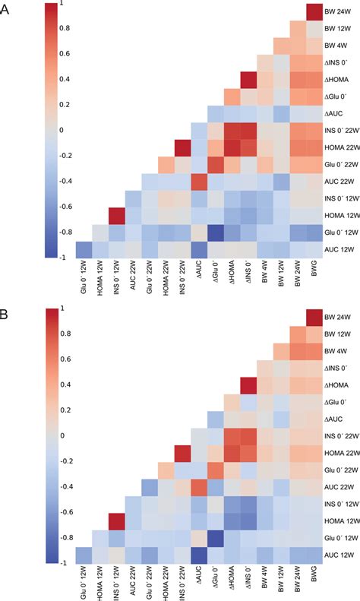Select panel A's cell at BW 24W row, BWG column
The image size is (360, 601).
pyautogui.click(x=313, y=12)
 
